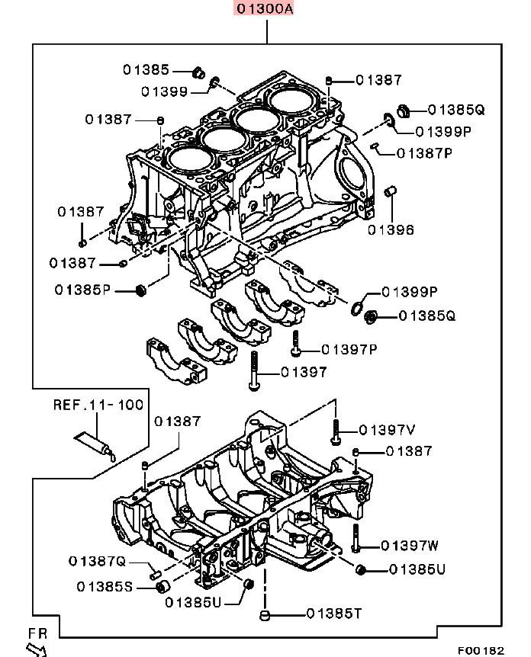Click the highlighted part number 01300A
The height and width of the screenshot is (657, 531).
(x=265, y=10)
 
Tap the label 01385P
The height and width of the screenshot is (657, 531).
(x=83, y=290)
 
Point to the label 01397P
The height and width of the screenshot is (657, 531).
(x=349, y=349)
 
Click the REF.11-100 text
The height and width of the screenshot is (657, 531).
(x=98, y=405)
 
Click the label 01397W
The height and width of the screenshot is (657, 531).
(x=410, y=545)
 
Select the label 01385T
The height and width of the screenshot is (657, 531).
(x=334, y=613)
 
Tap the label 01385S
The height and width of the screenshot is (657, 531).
(x=105, y=586)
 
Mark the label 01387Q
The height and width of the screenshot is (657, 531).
(x=97, y=562)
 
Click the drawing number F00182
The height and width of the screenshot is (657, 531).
(x=481, y=650)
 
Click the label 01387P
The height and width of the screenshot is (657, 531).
(x=425, y=152)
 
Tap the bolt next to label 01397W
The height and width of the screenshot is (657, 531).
(x=356, y=540)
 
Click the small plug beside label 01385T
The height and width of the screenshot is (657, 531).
(x=264, y=614)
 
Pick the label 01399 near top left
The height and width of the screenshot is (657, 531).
(x=164, y=91)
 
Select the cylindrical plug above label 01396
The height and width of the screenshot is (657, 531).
(x=391, y=190)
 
